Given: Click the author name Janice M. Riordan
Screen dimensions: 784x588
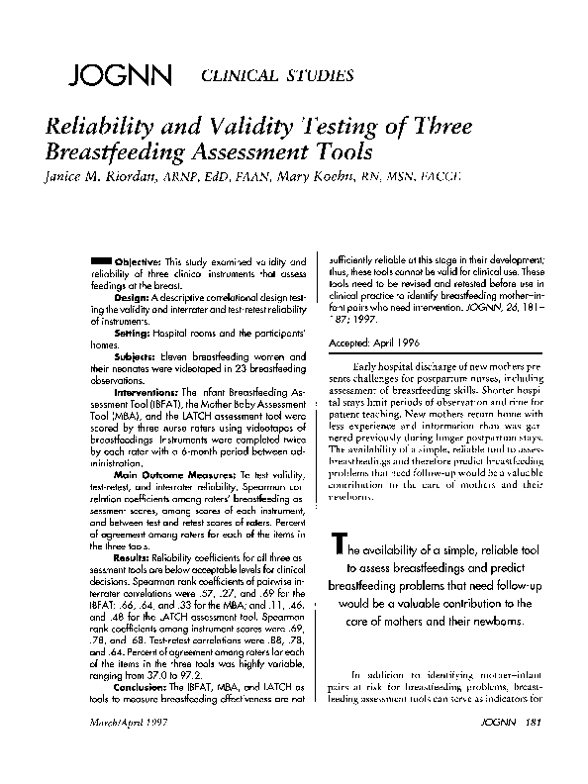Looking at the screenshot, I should pos(109,175).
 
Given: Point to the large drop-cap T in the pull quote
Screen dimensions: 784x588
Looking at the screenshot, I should pos(340,548).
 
